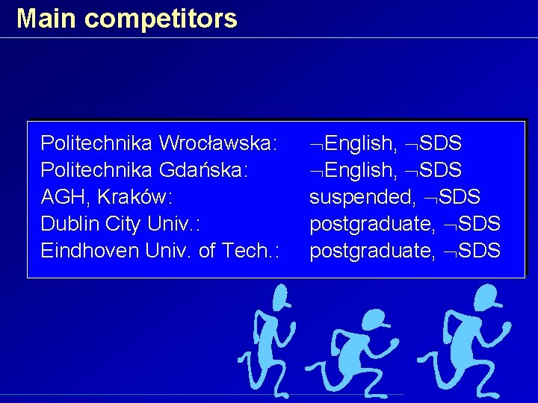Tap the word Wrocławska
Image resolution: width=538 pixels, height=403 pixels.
(219, 143)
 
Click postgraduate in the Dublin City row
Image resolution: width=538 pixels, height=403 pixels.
(372, 223)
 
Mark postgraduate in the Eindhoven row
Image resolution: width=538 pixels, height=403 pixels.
(372, 250)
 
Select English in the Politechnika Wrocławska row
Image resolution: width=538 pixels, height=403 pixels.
(360, 143)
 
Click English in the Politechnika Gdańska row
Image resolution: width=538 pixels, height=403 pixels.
(360, 169)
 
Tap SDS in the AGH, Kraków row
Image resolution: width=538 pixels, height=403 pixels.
(460, 196)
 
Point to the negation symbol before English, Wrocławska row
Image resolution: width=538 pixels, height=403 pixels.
(317, 143)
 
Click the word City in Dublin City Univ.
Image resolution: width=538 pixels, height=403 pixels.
(123, 223)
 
